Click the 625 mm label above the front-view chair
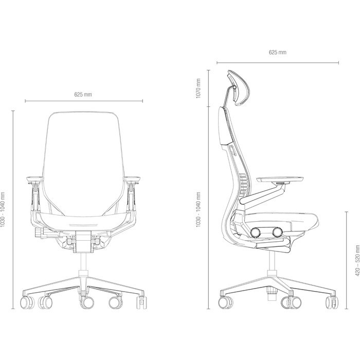click(x=83, y=95)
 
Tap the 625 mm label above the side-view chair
click(x=277, y=52)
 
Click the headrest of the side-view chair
click(x=237, y=89)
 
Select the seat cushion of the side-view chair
click(x=288, y=218)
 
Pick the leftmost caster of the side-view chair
click(x=225, y=302)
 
